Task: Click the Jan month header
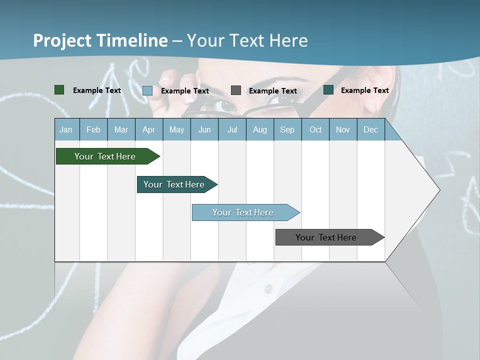pos(66,129)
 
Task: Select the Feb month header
pos(93,129)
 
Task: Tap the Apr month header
pos(148,129)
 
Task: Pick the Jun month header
pos(204,129)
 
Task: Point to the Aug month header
pos(259,129)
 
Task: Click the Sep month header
pos(287,129)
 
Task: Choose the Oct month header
pos(315,129)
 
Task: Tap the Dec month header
pos(370,129)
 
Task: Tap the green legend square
pos(59,90)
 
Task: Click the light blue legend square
pos(147,90)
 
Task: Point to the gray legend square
pos(236,90)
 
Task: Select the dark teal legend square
pos(328,90)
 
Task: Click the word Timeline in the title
pos(131,40)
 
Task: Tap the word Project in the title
pos(61,40)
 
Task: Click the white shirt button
pos(268,288)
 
